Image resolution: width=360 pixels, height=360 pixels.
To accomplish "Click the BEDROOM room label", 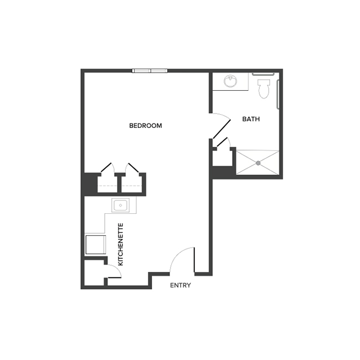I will pos(145,126).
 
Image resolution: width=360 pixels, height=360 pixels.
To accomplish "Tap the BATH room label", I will pos(251,119).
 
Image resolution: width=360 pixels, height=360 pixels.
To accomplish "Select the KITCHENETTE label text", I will pos(120,244).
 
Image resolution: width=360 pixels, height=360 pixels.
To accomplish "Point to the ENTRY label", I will pos(181,285).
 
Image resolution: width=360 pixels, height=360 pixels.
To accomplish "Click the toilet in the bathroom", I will pos(264,88).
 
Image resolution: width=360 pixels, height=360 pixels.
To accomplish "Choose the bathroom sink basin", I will pos(231,82).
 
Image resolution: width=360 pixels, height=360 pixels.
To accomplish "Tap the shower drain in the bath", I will pos(258,162).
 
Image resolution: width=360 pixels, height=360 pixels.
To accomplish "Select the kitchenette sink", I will pos(121,206).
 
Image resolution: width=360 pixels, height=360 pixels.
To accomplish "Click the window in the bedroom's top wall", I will pos(150,70).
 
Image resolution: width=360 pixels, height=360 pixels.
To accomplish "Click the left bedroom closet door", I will pos(107,168).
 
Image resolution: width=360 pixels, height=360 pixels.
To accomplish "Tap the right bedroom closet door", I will pos(132,168).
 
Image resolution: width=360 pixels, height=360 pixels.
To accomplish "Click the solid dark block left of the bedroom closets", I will pos(89,184).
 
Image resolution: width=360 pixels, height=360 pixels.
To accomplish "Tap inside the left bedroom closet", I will pos(107,184).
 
